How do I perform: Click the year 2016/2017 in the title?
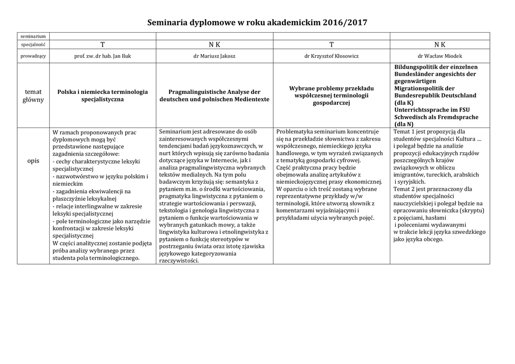click(x=347, y=23)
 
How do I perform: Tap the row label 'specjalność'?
click(x=33, y=44)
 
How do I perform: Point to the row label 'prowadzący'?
click(x=33, y=56)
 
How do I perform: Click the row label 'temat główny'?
click(x=33, y=95)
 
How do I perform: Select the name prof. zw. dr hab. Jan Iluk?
click(x=103, y=56)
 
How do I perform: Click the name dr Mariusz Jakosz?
click(x=214, y=56)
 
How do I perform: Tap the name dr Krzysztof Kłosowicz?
click(x=331, y=56)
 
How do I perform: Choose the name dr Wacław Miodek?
click(x=440, y=56)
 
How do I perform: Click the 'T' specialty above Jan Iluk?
click(x=103, y=45)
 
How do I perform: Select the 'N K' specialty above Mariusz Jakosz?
click(x=214, y=45)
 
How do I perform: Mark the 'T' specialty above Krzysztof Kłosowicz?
click(x=331, y=45)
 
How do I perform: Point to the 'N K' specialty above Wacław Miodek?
click(x=440, y=45)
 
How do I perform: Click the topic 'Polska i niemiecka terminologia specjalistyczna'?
click(x=103, y=95)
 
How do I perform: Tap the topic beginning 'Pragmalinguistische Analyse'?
click(x=214, y=95)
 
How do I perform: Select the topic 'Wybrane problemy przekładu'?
click(x=331, y=95)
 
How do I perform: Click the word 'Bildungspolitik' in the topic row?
click(x=415, y=67)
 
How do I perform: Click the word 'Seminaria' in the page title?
click(x=167, y=23)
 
